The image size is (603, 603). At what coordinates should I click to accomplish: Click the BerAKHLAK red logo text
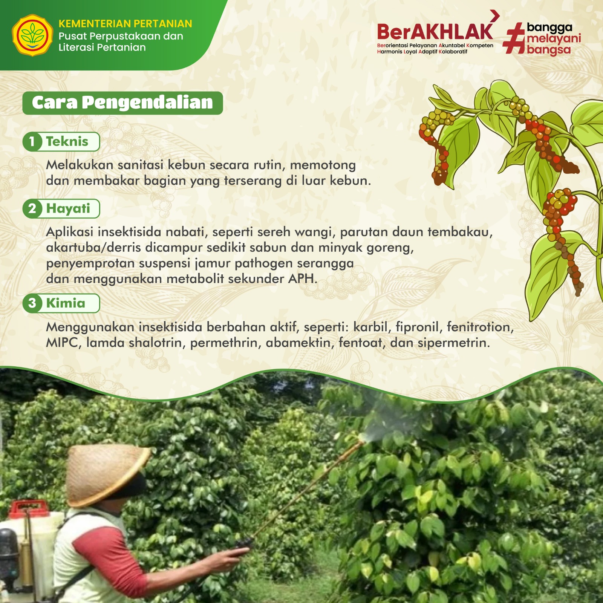pyautogui.click(x=435, y=32)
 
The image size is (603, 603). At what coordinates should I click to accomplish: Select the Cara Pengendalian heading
pyautogui.click(x=122, y=103)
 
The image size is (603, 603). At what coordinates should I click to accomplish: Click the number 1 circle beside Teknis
pyautogui.click(x=32, y=142)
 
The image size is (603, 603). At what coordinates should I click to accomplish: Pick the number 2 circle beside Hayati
pyautogui.click(x=32, y=208)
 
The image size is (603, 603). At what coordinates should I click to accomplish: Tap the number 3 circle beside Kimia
pyautogui.click(x=32, y=303)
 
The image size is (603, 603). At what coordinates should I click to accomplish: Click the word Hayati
pyautogui.click(x=68, y=209)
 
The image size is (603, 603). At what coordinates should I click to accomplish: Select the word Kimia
pyautogui.click(x=66, y=303)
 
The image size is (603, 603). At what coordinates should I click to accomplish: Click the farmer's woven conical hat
pyautogui.click(x=106, y=474)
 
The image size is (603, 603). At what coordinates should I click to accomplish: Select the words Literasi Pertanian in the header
pyautogui.click(x=102, y=47)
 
